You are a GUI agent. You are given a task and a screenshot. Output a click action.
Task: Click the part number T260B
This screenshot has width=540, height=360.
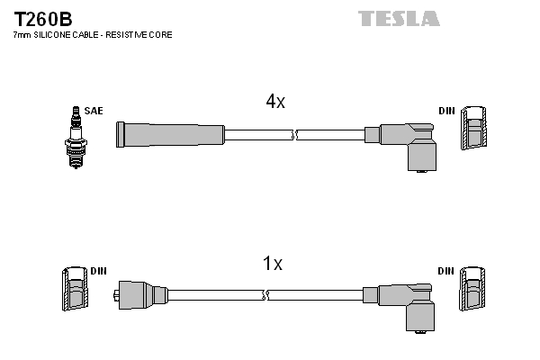click(43, 17)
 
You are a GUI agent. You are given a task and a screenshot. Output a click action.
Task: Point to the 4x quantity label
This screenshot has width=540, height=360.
click(274, 102)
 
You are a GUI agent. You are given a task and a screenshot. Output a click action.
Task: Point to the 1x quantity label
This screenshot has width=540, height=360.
click(272, 264)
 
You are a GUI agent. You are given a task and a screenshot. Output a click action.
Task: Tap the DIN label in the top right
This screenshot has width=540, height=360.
click(446, 111)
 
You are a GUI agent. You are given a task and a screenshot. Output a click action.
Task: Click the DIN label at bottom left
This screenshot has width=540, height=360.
click(98, 271)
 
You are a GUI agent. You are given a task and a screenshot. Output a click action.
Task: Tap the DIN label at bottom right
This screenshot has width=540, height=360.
click(446, 271)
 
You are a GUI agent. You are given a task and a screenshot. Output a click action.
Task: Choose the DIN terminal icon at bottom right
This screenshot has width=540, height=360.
click(474, 293)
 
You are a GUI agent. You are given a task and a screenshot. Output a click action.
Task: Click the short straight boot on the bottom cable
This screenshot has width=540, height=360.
click(143, 294)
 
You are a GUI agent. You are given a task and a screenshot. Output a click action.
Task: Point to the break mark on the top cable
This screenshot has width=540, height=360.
click(294, 135)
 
